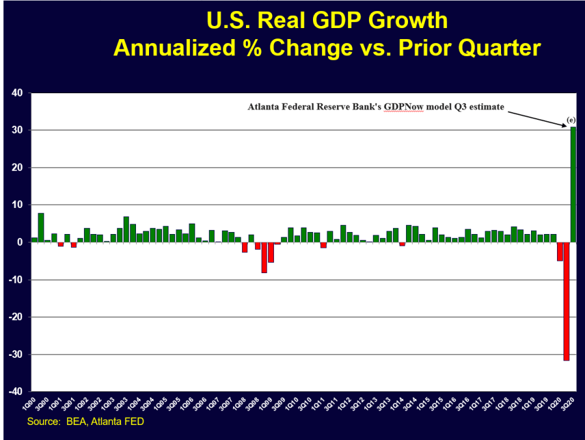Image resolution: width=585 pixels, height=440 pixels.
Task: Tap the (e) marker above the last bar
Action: (x=571, y=121)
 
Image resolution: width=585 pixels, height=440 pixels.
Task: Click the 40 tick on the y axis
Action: (x=18, y=93)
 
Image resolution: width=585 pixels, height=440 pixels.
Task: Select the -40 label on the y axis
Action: (x=16, y=392)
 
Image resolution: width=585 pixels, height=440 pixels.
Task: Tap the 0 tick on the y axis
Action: (x=20, y=242)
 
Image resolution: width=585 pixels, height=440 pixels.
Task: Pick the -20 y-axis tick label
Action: (x=16, y=317)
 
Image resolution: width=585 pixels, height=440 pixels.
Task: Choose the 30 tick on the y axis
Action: (x=18, y=130)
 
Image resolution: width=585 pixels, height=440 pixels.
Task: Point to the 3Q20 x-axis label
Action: (x=572, y=404)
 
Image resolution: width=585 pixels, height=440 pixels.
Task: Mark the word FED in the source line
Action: (x=133, y=422)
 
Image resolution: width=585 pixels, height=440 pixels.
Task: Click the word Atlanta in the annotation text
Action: (x=265, y=107)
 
